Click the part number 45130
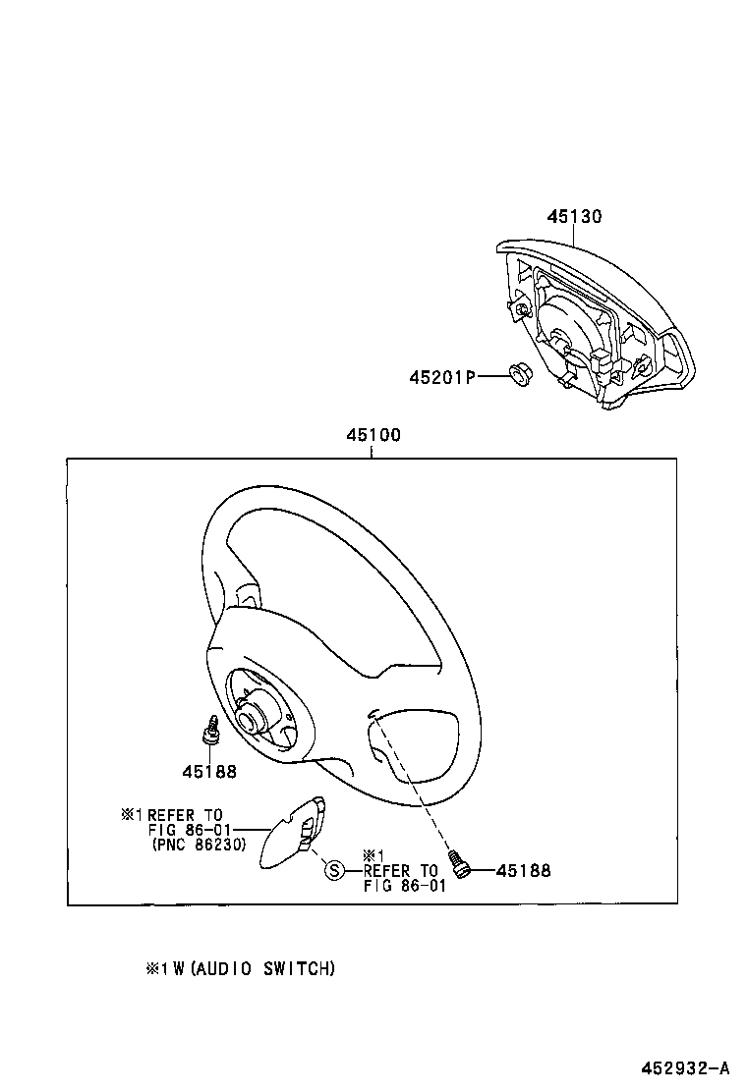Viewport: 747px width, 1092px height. pyautogui.click(x=574, y=217)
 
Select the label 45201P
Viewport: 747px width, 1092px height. pyautogui.click(x=442, y=376)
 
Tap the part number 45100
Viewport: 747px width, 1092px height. pyautogui.click(x=372, y=435)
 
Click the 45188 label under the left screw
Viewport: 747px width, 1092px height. pyautogui.click(x=208, y=771)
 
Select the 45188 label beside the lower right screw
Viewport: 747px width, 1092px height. pyautogui.click(x=523, y=870)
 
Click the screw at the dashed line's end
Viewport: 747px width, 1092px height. pyautogui.click(x=459, y=861)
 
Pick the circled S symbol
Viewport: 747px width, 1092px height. pyautogui.click(x=334, y=870)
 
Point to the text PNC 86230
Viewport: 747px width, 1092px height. pyautogui.click(x=200, y=844)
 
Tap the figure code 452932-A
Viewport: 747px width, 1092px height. pyautogui.click(x=686, y=1068)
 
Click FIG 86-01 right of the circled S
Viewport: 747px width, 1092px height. pyautogui.click(x=404, y=885)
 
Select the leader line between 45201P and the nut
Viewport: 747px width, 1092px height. pyautogui.click(x=492, y=376)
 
